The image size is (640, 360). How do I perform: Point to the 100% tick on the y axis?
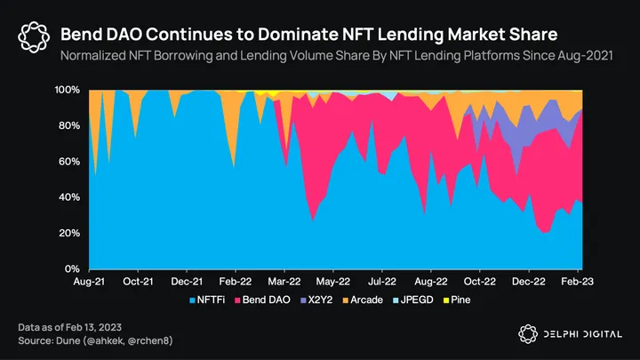[68, 91]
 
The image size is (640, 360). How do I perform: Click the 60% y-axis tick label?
[70, 162]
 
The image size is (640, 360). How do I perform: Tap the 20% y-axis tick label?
[70, 233]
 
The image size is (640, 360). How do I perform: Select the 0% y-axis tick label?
[73, 268]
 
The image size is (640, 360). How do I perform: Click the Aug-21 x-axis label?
[89, 281]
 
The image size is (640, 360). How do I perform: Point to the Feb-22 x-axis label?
[236, 281]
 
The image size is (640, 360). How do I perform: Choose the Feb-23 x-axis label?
[579, 281]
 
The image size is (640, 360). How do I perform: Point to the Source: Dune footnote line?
[95, 341]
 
